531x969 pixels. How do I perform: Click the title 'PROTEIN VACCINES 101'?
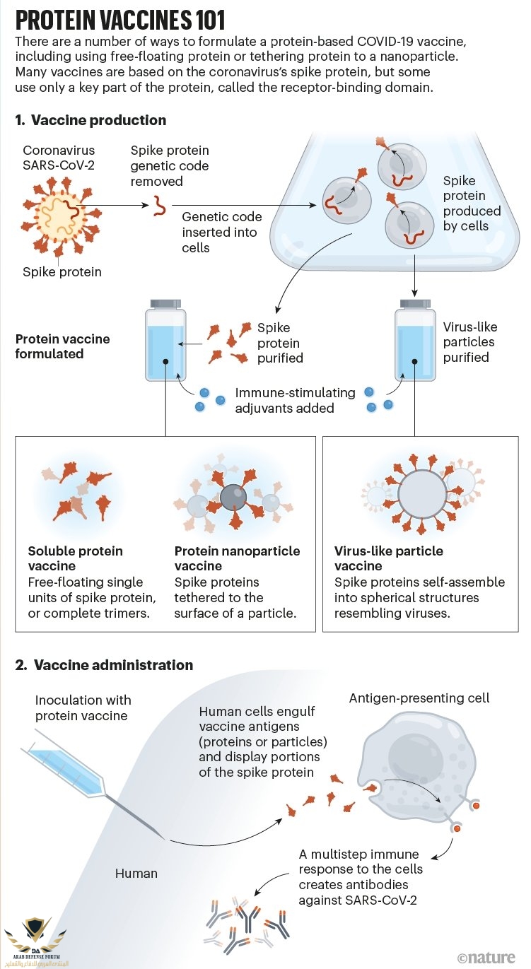(x=119, y=18)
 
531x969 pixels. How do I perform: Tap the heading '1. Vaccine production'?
(x=91, y=120)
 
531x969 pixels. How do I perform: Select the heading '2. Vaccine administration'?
(x=104, y=665)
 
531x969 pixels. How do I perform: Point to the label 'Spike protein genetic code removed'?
(x=170, y=166)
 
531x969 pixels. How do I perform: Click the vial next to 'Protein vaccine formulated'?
(x=165, y=336)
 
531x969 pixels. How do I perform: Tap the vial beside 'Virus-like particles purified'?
(x=415, y=336)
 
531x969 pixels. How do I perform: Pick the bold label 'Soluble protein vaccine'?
(x=75, y=558)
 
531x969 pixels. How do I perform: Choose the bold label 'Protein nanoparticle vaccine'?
(x=237, y=558)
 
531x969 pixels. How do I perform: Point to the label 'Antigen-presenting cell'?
(x=419, y=698)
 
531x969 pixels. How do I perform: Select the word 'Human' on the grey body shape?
(x=136, y=873)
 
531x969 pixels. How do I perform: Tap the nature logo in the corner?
(x=486, y=957)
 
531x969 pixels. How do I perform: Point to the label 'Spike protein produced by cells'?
(x=472, y=204)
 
